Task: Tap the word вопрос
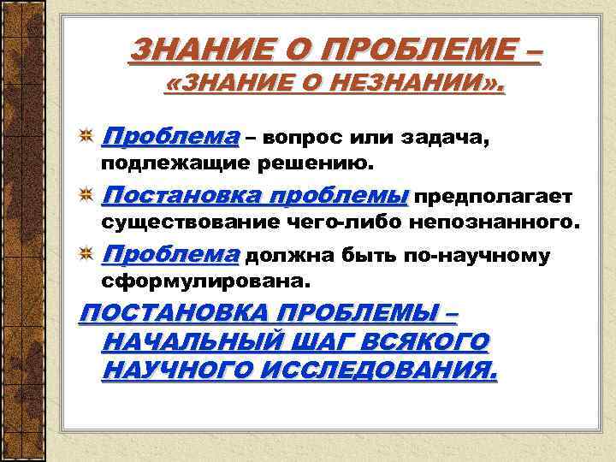[311, 137]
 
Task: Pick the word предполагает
[495, 197]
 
